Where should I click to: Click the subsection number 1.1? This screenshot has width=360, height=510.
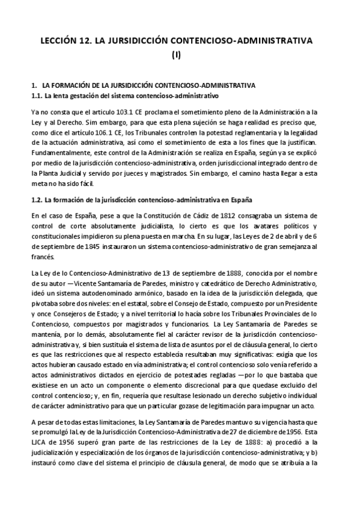pos(37,95)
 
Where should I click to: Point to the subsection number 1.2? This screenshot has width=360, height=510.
pos(37,199)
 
